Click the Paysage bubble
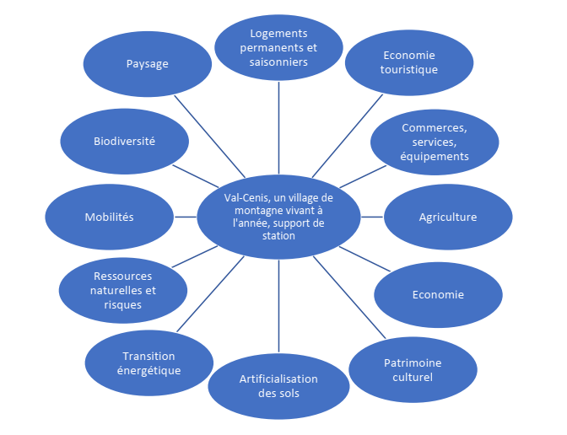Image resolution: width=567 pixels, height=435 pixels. point(148,64)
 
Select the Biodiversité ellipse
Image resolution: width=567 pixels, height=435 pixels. point(124,141)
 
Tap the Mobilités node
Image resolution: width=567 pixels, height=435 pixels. point(109,217)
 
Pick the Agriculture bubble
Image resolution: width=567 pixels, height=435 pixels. point(448,217)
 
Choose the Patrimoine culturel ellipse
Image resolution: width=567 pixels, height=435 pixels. point(413,370)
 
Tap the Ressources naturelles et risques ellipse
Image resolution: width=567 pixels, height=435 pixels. point(123,290)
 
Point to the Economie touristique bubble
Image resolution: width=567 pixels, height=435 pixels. point(409,62)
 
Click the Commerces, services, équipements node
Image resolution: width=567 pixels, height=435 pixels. point(435,142)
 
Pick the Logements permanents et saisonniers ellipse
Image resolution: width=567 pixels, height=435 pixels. point(278,47)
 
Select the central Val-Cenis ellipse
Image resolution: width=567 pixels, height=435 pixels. point(278,217)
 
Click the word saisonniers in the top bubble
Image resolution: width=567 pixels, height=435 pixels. point(278,62)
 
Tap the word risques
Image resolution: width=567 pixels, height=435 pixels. point(123,304)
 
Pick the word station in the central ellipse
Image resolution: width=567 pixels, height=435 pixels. point(278,236)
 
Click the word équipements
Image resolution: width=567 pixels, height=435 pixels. point(435,156)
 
